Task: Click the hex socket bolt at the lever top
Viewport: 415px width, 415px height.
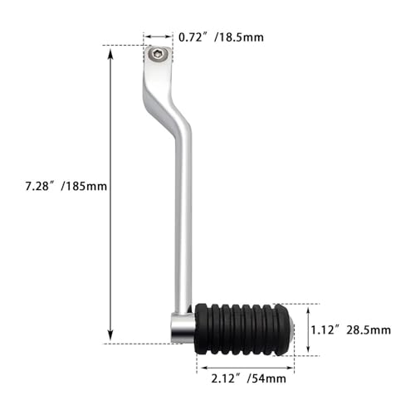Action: click(x=157, y=54)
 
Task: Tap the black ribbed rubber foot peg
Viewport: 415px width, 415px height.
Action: click(x=242, y=330)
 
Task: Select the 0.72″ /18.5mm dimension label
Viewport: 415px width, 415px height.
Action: click(x=221, y=37)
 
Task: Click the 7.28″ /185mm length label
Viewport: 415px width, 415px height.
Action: click(x=66, y=186)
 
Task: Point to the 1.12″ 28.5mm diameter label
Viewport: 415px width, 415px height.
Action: click(x=351, y=330)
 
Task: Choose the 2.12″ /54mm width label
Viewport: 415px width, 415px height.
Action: click(x=248, y=378)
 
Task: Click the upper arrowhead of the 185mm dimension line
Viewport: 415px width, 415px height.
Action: click(x=110, y=53)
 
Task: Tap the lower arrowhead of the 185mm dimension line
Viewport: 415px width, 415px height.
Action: click(x=110, y=335)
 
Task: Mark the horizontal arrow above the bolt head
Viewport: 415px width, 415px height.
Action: click(x=159, y=37)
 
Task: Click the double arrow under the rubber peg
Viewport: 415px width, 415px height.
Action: click(x=247, y=368)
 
